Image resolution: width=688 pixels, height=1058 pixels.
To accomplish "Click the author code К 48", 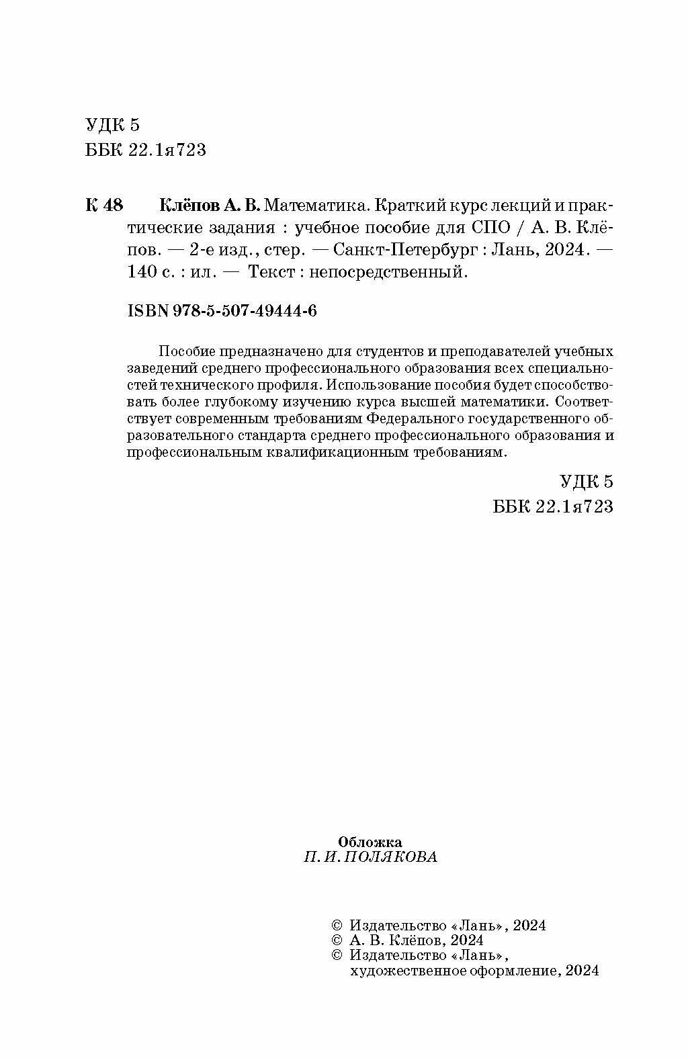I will [104, 204].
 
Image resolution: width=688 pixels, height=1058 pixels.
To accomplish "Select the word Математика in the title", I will [317, 204].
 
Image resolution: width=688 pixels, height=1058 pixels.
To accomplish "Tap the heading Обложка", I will [370, 841].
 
